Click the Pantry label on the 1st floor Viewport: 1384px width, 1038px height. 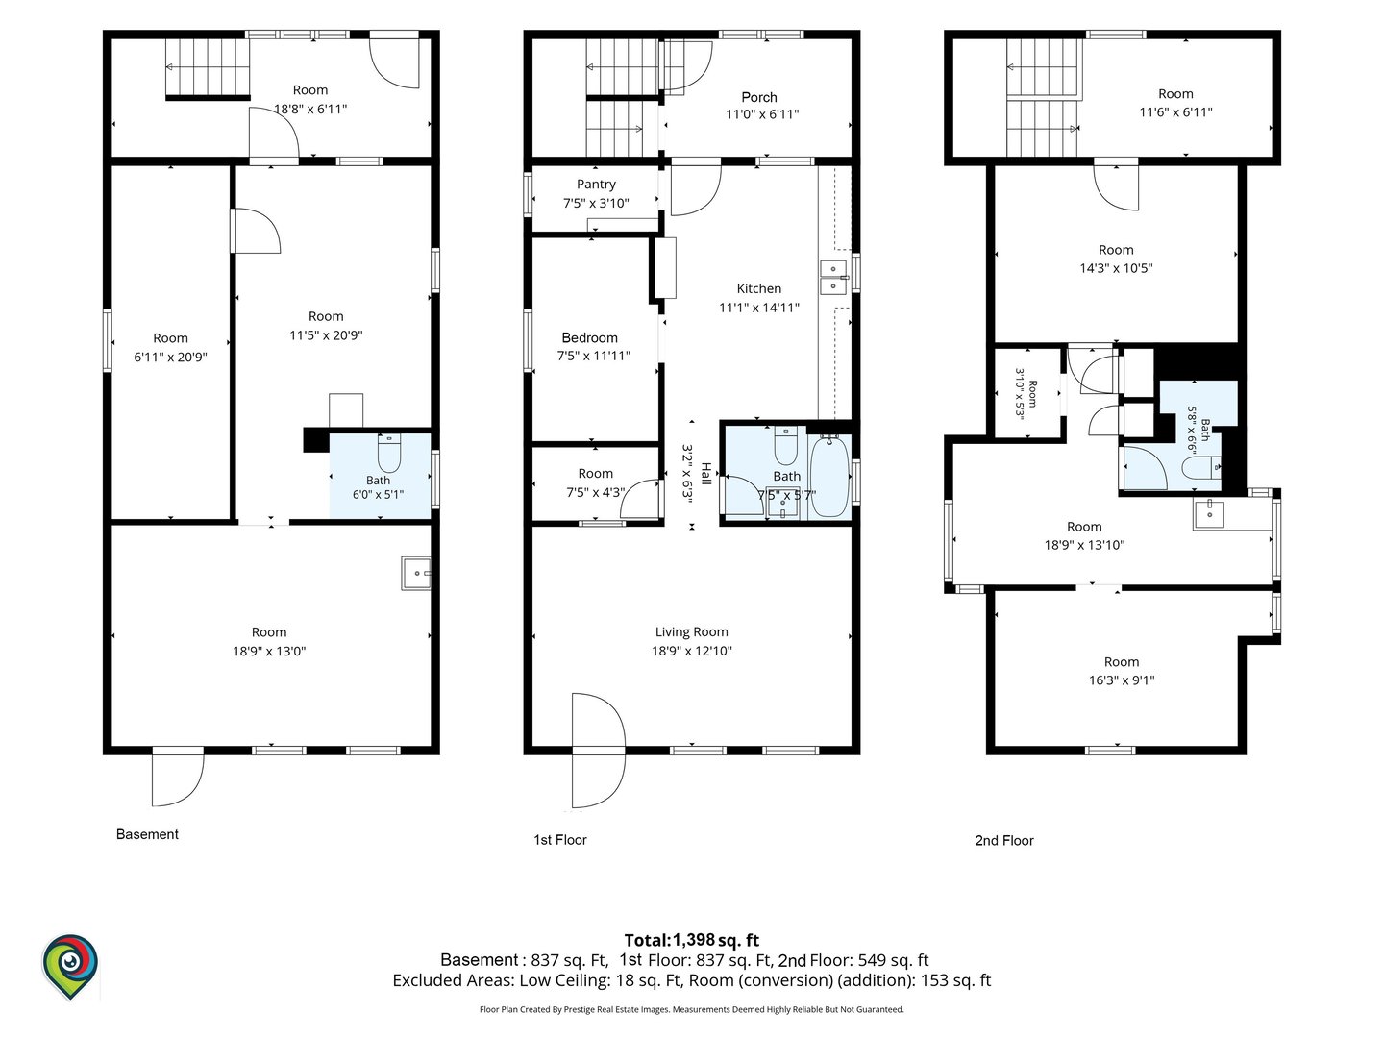click(x=596, y=184)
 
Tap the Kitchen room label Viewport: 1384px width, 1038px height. click(x=759, y=288)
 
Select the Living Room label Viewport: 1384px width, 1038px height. click(x=692, y=631)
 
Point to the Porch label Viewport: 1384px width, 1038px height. click(x=759, y=97)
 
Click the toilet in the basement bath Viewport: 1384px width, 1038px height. click(x=389, y=453)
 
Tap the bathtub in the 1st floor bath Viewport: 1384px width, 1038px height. click(x=829, y=476)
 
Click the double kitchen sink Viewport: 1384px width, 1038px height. click(x=833, y=278)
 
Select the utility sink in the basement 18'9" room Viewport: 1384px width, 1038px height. click(x=416, y=573)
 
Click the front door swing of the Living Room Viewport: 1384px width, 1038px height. click(x=599, y=750)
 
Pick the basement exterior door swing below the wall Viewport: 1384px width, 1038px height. click(x=178, y=778)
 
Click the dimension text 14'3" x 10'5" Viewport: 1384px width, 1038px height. click(x=1116, y=268)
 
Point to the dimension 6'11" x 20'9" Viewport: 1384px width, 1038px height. click(x=170, y=357)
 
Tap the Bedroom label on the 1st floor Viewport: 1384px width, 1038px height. click(x=589, y=337)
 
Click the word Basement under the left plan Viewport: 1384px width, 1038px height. click(x=147, y=834)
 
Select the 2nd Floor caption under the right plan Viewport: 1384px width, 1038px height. click(x=1004, y=840)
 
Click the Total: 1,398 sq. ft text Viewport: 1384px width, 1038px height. click(x=692, y=940)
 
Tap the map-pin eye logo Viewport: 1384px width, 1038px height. click(x=70, y=966)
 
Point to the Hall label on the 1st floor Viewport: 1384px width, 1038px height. click(x=706, y=473)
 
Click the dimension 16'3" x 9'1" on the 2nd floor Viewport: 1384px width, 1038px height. click(x=1121, y=680)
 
